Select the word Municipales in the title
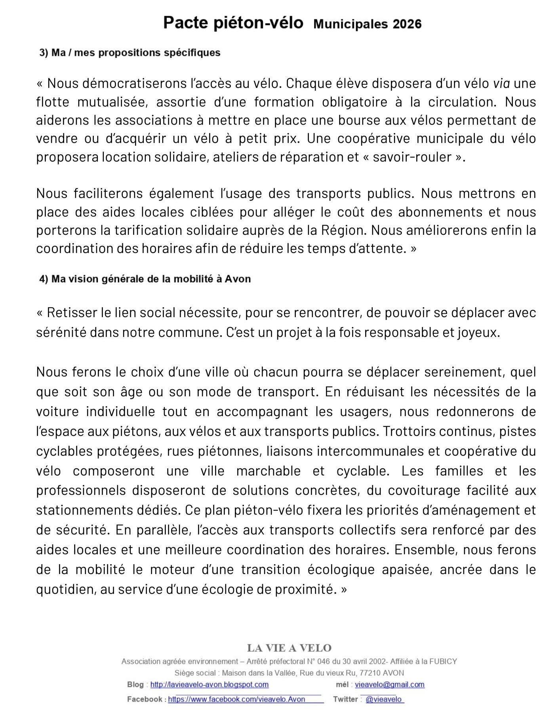[x=350, y=24]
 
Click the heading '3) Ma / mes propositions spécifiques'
[x=130, y=53]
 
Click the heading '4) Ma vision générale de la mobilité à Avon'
[x=145, y=279]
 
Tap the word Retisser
[x=72, y=313]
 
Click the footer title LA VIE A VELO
[x=289, y=648]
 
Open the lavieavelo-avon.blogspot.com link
[x=210, y=684]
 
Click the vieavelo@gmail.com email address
[x=389, y=684]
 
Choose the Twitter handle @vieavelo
[x=384, y=699]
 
